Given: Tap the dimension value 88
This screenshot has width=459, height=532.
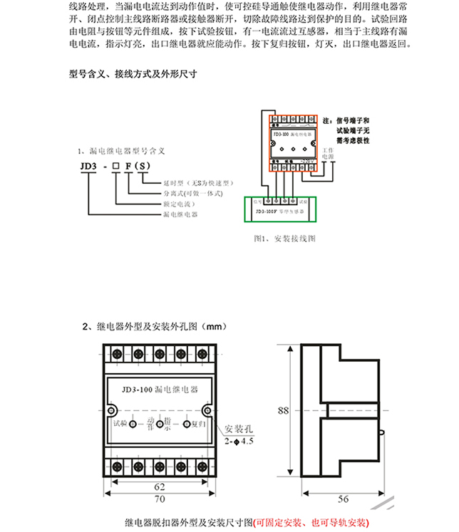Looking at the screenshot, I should pos(284,410).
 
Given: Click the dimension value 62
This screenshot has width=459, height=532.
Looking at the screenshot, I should pos(159,486).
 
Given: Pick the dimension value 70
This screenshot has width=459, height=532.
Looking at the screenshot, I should pos(159,501).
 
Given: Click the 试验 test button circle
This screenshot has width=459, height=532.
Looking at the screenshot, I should pos(133,424).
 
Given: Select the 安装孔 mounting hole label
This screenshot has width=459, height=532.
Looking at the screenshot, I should pos(239,429).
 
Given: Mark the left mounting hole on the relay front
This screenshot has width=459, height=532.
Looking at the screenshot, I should pos(111,410).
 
